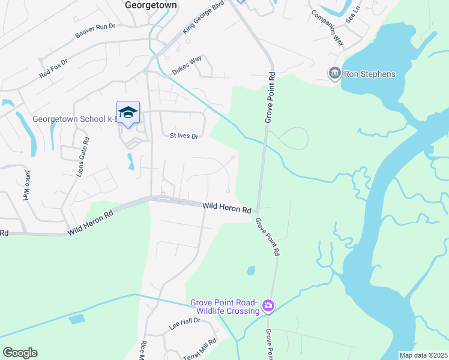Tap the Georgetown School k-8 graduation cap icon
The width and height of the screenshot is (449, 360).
pos(128,112)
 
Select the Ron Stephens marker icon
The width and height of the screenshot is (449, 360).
pos(334,74)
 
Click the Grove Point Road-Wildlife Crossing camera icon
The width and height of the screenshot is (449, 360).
pos(268,306)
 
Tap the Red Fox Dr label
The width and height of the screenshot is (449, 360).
pos(54,67)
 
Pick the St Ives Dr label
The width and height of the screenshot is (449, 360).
pos(184,136)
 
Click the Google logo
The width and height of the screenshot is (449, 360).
pos(20,353)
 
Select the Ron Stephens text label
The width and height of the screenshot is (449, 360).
pos(370,74)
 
